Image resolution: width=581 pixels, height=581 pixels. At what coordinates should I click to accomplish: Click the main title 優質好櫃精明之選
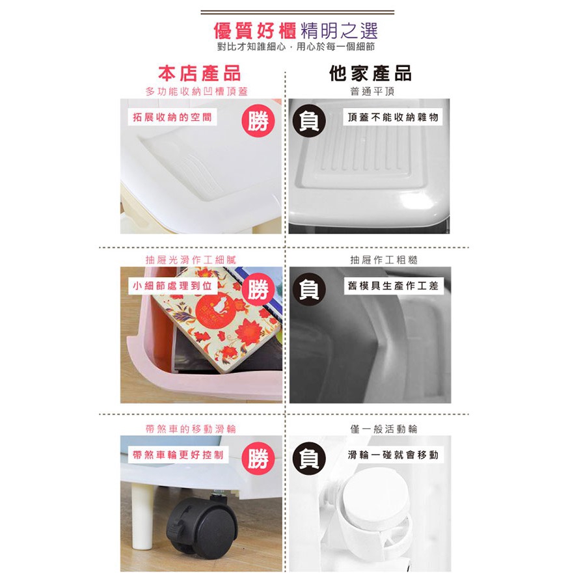(295, 31)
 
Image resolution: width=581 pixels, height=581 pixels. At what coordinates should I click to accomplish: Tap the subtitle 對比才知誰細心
(252, 47)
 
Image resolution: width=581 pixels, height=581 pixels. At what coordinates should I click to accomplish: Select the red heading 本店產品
(199, 73)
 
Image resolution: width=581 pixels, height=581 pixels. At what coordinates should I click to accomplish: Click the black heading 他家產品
(370, 73)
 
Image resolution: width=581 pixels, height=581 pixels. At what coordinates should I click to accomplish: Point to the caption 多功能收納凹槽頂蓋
(196, 91)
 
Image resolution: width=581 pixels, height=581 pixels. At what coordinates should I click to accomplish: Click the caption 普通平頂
(372, 91)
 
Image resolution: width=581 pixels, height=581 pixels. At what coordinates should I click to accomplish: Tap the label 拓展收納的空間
(172, 118)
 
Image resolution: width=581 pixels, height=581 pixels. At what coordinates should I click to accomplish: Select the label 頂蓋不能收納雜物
(393, 118)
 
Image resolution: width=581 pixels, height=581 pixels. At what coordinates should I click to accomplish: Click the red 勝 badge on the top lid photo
(258, 121)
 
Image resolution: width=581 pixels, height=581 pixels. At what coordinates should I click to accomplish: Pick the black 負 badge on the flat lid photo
(309, 121)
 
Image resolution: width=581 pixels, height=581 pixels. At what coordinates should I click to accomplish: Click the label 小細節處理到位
(172, 286)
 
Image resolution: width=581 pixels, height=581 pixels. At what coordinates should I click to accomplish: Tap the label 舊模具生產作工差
(393, 286)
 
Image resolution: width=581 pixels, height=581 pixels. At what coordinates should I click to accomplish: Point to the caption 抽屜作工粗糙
(384, 260)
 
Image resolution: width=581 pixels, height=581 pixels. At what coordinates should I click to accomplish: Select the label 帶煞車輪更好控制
(178, 455)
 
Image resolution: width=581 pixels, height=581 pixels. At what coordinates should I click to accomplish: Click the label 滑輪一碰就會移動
(393, 455)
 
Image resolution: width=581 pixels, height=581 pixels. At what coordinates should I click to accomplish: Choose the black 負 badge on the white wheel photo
(309, 458)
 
